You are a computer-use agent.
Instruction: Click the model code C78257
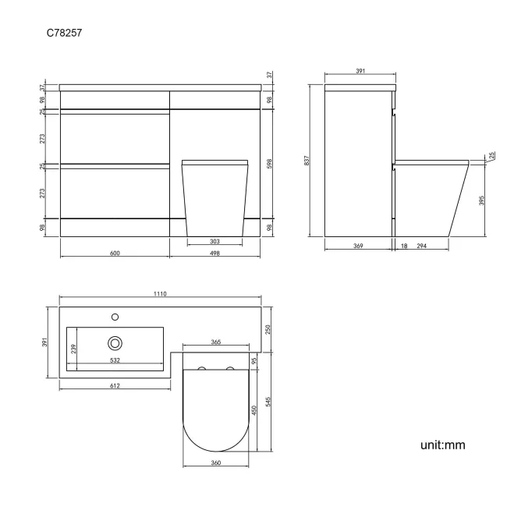65,34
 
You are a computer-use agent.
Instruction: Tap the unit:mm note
442,445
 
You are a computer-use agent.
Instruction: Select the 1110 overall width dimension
161,294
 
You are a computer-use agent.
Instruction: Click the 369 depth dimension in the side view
357,246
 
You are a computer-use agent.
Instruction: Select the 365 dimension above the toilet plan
216,342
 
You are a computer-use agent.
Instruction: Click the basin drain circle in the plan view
115,342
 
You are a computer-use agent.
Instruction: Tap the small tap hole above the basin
115,317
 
